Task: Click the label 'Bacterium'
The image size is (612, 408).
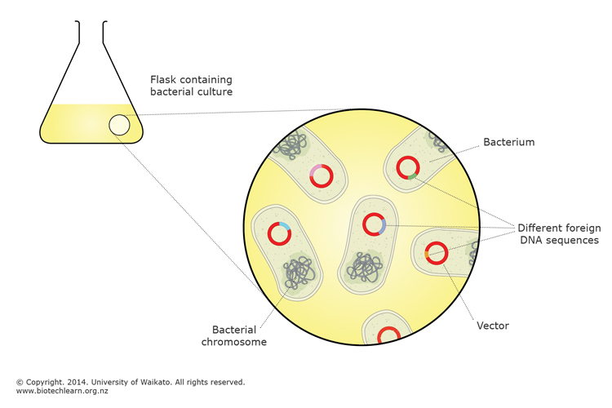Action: pyautogui.click(x=508, y=142)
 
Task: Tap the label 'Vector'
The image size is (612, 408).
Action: pyautogui.click(x=492, y=326)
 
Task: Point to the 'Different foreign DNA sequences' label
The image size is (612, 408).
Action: pyautogui.click(x=561, y=233)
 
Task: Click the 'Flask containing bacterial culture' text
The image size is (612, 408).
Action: pyautogui.click(x=191, y=86)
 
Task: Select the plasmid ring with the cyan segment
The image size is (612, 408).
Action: pyautogui.click(x=279, y=233)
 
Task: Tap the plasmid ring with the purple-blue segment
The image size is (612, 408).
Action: pyautogui.click(x=374, y=224)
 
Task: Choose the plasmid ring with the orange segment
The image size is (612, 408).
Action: pyautogui.click(x=436, y=253)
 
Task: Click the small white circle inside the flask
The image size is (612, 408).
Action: pyautogui.click(x=119, y=125)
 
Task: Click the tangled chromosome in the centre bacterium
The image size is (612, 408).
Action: pyautogui.click(x=365, y=266)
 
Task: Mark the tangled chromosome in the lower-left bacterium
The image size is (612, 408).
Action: pyautogui.click(x=300, y=272)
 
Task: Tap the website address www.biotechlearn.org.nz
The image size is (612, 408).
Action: pyautogui.click(x=62, y=391)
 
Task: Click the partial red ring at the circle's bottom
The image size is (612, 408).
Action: pyautogui.click(x=388, y=335)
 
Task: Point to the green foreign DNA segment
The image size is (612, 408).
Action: pyautogui.click(x=413, y=175)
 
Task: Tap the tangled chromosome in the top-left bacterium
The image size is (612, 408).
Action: pyautogui.click(x=289, y=145)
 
